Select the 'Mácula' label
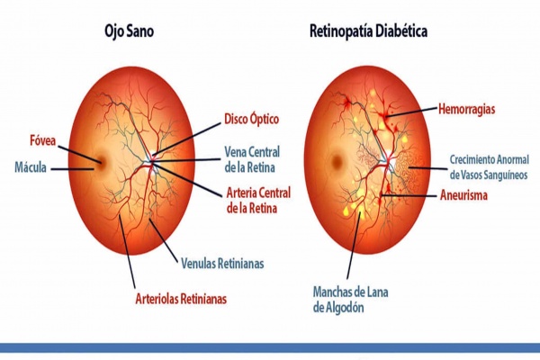tap(32, 167)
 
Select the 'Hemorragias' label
tap(468, 109)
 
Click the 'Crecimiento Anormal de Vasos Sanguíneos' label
tap(487, 166)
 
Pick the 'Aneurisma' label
tap(464, 194)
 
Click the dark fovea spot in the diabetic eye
tap(337, 164)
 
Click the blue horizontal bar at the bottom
tap(270, 347)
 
